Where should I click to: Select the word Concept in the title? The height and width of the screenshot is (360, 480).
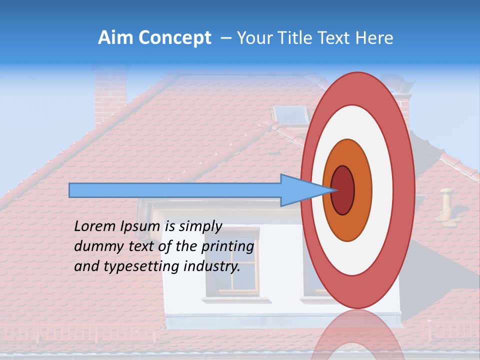[x=174, y=38]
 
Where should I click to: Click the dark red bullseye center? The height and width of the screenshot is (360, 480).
[x=343, y=190]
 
